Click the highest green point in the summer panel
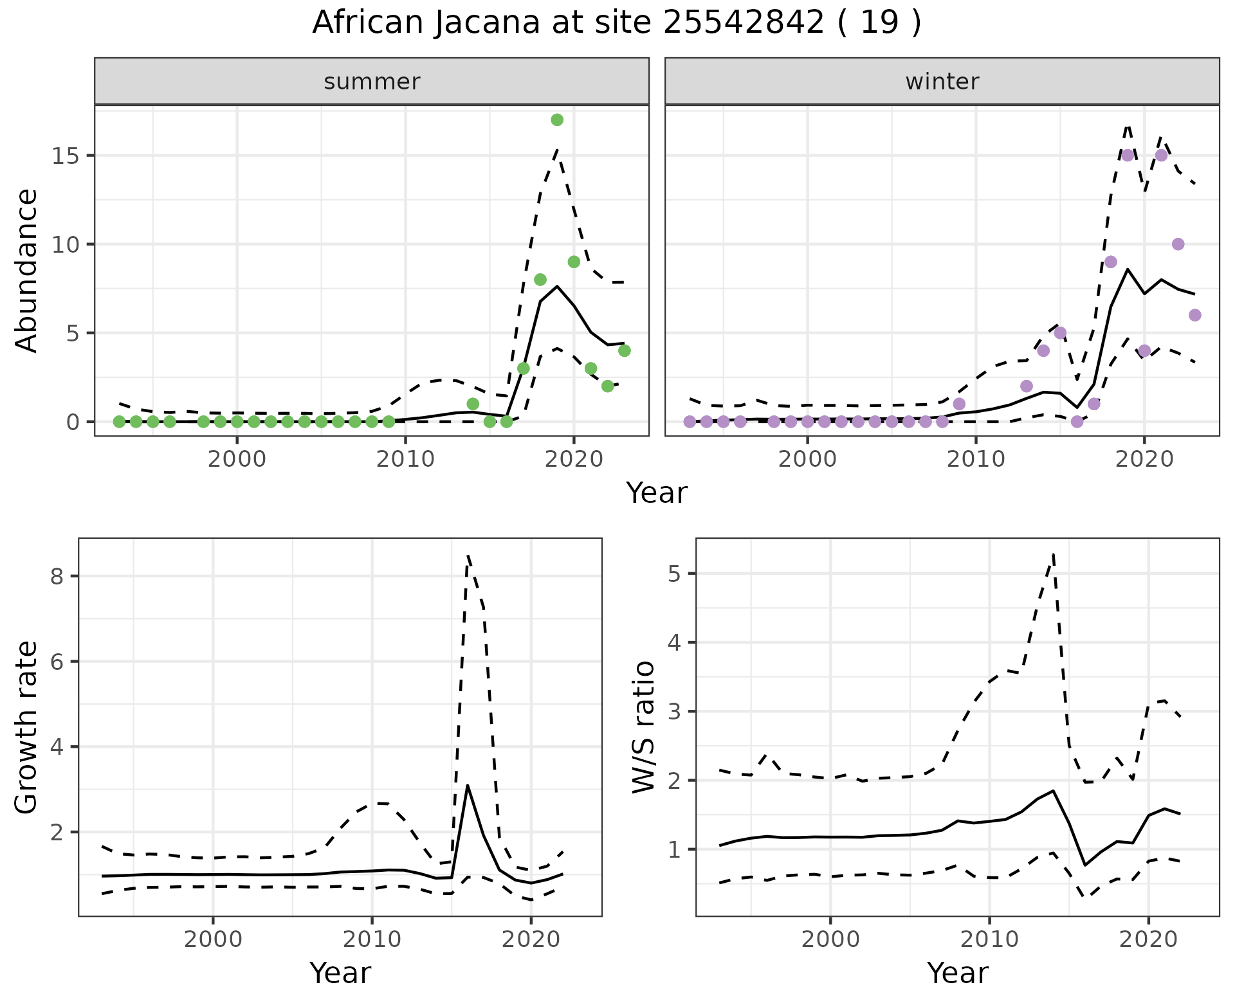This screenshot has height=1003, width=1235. pos(557,120)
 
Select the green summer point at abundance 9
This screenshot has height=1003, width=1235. pos(574,262)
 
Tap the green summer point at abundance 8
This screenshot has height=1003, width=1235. pos(540,280)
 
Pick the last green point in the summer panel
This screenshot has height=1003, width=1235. pos(624,350)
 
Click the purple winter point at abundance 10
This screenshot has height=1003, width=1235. pos(1178,244)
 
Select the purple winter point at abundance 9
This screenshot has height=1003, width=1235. pos(1111,262)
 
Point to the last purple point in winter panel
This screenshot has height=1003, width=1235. pos(1194,315)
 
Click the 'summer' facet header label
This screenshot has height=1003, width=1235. pos(372,82)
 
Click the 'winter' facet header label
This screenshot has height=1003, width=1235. pos(942,82)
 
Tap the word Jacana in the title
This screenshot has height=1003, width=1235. pos(488,23)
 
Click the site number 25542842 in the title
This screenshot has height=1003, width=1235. pos(743,23)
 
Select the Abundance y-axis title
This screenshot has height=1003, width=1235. pos(27,271)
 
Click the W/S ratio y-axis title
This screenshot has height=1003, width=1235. pos(644,727)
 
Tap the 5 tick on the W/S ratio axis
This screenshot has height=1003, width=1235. pos(674,574)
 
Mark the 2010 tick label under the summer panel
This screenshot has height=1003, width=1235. pos(406,459)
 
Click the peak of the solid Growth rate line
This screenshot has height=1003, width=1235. pos(468,785)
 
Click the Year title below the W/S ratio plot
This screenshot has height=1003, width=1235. pos(957,973)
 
